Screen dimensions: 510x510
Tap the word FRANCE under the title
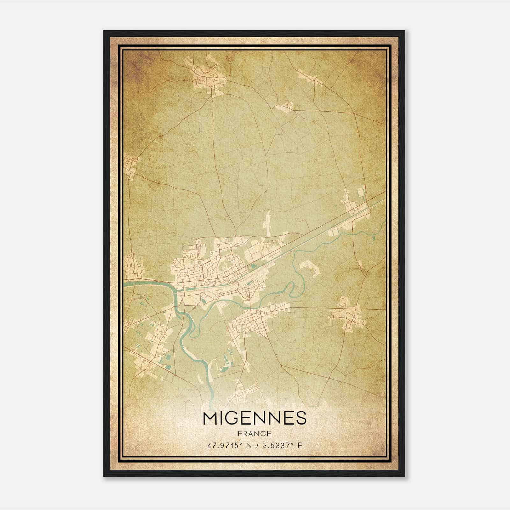pyautogui.click(x=254, y=434)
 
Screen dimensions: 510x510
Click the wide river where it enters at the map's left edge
pyautogui.click(x=127, y=283)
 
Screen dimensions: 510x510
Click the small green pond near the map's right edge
pyautogui.click(x=373, y=237)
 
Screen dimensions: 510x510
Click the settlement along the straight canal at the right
pyautogui.click(x=354, y=207)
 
